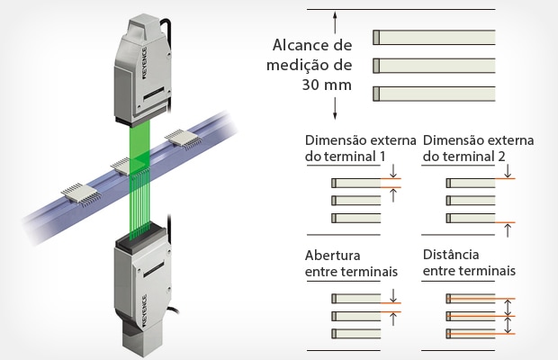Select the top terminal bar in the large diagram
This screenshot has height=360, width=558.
tap(434, 37)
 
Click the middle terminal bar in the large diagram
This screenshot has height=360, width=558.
tap(434, 65)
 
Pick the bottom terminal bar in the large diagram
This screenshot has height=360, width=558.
tap(434, 92)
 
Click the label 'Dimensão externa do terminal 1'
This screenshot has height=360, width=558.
tap(360, 148)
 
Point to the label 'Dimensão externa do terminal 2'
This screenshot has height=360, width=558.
tap(478, 148)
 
